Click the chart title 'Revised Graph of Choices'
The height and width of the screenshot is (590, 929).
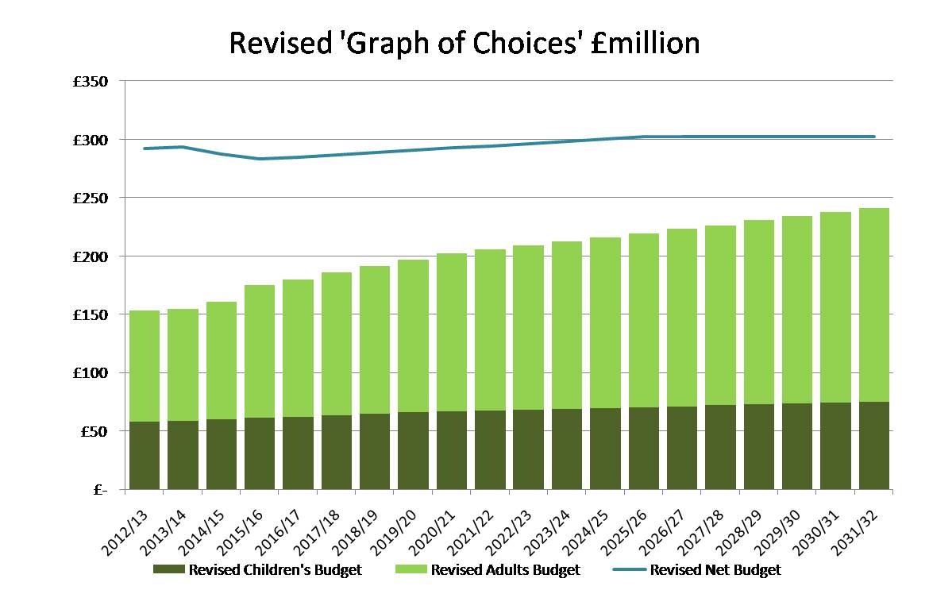coord(464,43)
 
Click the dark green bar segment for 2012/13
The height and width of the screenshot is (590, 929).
coord(145,455)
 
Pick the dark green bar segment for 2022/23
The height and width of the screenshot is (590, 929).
coord(528,449)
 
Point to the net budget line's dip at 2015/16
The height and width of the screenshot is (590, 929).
coord(260,159)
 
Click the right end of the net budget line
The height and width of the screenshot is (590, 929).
coord(873,137)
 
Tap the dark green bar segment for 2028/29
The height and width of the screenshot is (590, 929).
coord(758,447)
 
